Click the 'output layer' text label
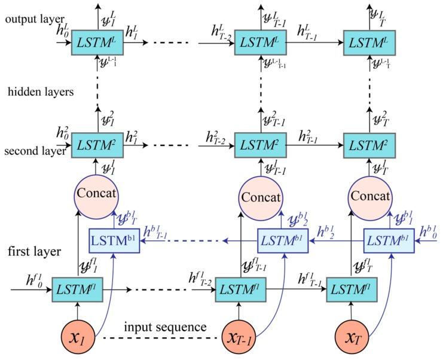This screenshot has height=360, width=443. [x=28, y=19]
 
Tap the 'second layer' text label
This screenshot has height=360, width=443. [x=35, y=151]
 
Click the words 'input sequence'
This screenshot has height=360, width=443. [x=166, y=327]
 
